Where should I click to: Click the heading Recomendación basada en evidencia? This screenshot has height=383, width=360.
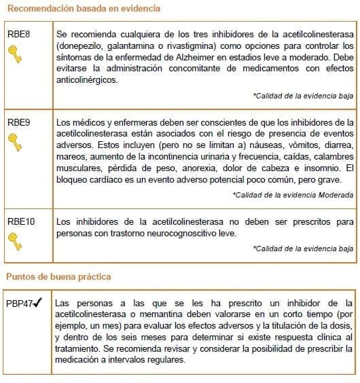(84, 9)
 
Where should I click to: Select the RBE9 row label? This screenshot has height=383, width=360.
(18, 122)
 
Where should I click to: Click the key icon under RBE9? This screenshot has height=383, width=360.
(15, 142)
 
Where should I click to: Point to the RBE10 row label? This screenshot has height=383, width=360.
(21, 221)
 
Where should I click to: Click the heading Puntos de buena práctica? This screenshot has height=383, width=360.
(58, 277)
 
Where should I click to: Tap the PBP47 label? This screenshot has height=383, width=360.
(18, 302)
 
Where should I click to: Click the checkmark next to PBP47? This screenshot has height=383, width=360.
(39, 302)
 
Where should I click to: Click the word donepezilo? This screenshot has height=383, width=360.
(86, 45)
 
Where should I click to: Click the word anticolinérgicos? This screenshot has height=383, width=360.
(87, 80)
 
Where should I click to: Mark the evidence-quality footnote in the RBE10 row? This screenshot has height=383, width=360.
(303, 249)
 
